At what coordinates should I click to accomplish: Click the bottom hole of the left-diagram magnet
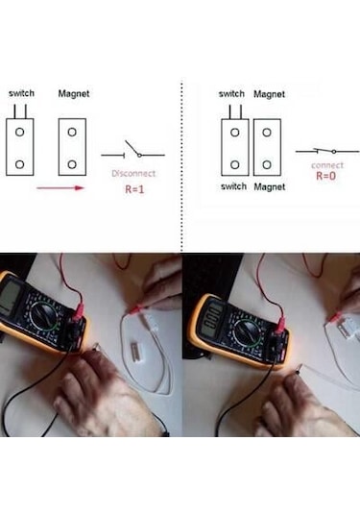click(x=73, y=163)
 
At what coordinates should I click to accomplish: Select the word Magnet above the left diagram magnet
click(x=74, y=94)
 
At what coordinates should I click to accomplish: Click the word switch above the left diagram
click(x=21, y=94)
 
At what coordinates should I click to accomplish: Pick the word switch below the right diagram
click(x=233, y=186)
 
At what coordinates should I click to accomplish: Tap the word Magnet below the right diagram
click(x=269, y=186)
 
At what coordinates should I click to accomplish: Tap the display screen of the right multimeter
click(x=212, y=313)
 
